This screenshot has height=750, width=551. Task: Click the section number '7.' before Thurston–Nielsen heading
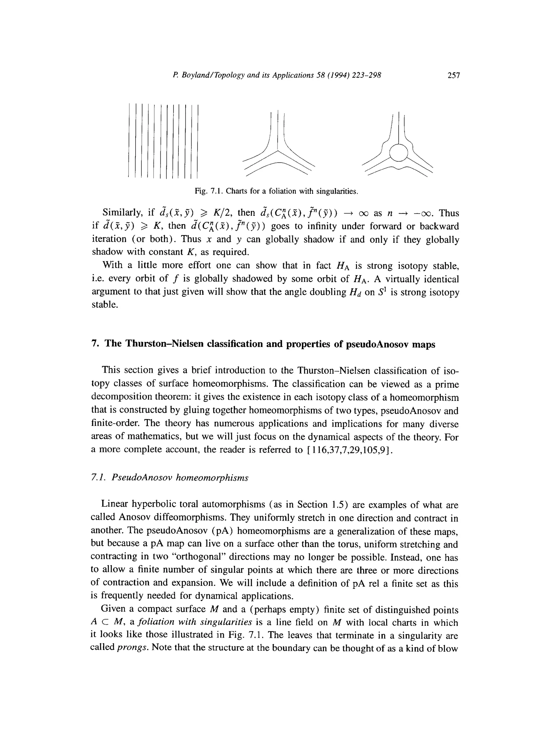94,344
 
